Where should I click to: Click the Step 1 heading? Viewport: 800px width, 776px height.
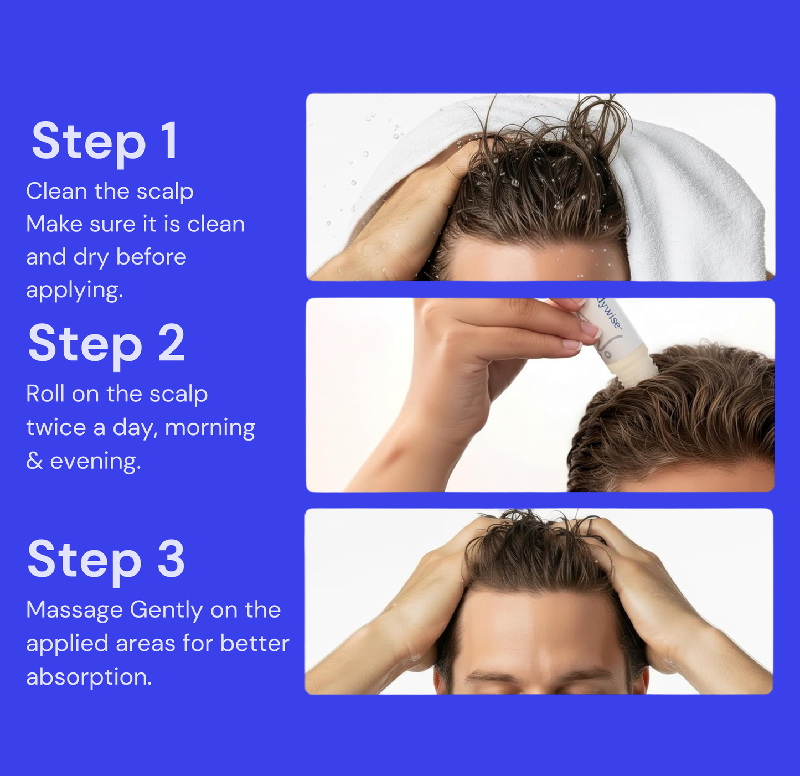pyautogui.click(x=105, y=142)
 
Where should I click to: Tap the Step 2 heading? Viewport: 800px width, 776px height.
pyautogui.click(x=106, y=344)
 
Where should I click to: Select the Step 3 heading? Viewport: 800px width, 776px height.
pyautogui.click(x=106, y=560)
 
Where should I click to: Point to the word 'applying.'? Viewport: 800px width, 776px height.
pyautogui.click(x=75, y=291)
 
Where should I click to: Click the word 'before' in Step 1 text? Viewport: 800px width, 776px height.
pyautogui.click(x=151, y=257)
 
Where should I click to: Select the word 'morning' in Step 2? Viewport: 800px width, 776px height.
pyautogui.click(x=210, y=428)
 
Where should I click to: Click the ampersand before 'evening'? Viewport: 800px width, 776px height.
pyautogui.click(x=34, y=461)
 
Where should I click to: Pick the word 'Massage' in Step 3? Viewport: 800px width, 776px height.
pyautogui.click(x=75, y=611)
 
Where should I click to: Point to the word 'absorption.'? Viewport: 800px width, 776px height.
pyautogui.click(x=89, y=677)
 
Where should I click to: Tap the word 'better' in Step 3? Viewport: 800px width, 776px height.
pyautogui.click(x=255, y=643)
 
